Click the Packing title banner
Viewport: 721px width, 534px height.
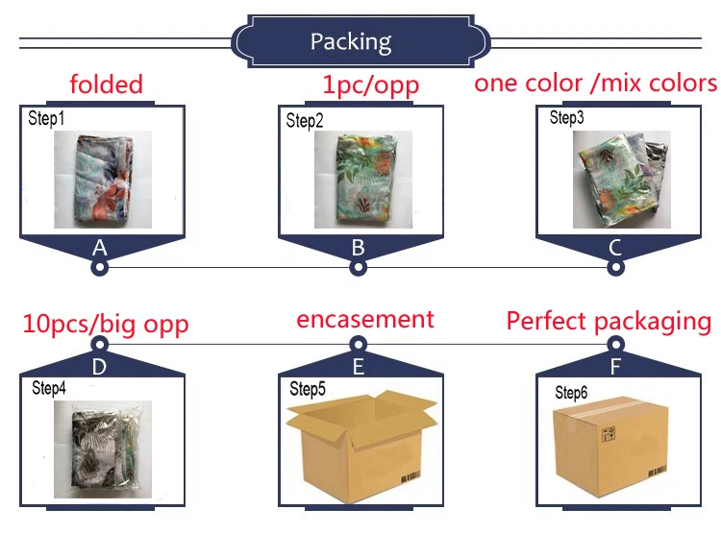350,41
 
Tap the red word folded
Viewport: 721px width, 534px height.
106,84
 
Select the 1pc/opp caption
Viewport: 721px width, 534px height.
370,85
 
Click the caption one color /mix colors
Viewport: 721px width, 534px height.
595,83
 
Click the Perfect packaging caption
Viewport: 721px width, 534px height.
609,321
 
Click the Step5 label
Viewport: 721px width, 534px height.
309,388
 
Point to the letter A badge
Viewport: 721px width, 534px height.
98,248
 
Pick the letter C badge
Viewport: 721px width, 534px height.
615,248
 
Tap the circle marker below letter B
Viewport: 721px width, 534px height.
358,268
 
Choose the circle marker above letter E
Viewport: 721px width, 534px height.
358,343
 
